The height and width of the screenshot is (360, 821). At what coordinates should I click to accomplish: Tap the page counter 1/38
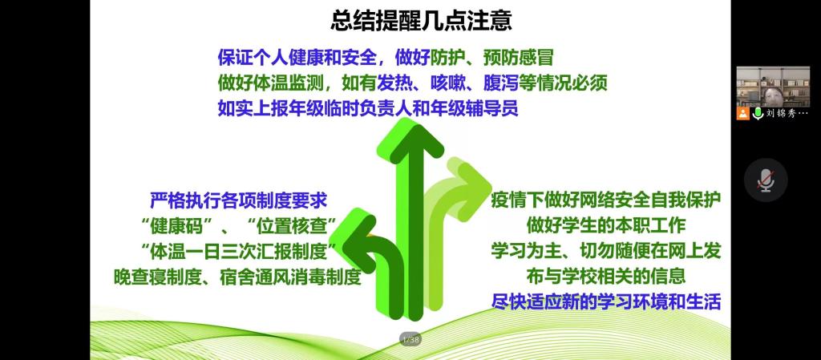point(410,339)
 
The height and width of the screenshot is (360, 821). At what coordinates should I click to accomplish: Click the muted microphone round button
point(766,180)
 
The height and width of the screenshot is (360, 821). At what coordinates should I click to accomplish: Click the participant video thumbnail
point(773,87)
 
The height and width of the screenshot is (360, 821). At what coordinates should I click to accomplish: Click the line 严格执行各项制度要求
point(239,200)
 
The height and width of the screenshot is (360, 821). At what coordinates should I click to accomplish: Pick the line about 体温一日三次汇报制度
point(239,251)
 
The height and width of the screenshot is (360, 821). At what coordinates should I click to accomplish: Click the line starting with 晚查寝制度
point(237,277)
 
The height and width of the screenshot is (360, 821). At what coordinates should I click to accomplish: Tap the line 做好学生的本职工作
point(606,225)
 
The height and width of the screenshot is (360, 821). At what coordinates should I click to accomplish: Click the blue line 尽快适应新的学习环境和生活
point(606,302)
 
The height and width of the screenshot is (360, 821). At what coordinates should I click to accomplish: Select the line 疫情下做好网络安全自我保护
point(606,200)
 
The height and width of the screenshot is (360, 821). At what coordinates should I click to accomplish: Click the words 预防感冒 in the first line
point(518,58)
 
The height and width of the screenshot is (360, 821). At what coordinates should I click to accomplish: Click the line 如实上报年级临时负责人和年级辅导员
point(367,108)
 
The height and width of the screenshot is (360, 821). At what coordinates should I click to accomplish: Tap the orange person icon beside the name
point(742,114)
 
